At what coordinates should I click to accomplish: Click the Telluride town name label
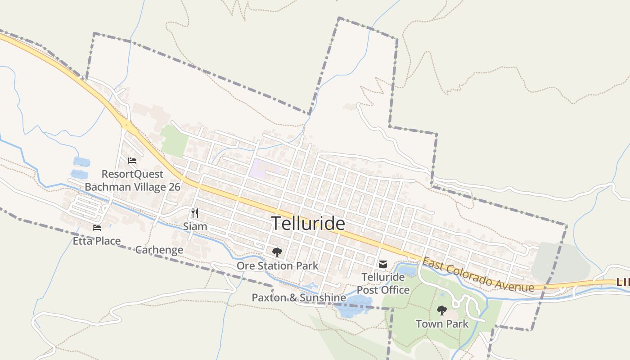coord(308,223)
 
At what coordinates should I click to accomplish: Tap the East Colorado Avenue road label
coord(478,274)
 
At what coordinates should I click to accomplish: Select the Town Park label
coord(442,324)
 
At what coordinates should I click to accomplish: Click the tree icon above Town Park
coord(442,310)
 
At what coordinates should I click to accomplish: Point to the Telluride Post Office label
coord(383,283)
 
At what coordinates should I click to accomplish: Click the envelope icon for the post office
coord(383,264)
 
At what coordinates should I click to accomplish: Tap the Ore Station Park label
coord(277,265)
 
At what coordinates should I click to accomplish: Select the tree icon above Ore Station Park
coord(277,252)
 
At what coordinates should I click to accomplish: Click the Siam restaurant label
coord(195,226)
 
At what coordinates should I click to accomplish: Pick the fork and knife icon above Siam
coord(195,213)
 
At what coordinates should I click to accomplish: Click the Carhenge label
coord(159,250)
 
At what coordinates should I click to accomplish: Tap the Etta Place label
coord(97,241)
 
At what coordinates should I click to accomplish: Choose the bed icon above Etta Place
coord(97,228)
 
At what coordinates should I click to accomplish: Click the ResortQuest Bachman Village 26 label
coord(132,180)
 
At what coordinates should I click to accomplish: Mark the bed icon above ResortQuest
coord(132,160)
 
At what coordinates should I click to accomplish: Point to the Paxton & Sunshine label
coord(298,297)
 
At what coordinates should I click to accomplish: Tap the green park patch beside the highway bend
coord(175,140)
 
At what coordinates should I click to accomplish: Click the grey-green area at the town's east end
coord(561,261)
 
